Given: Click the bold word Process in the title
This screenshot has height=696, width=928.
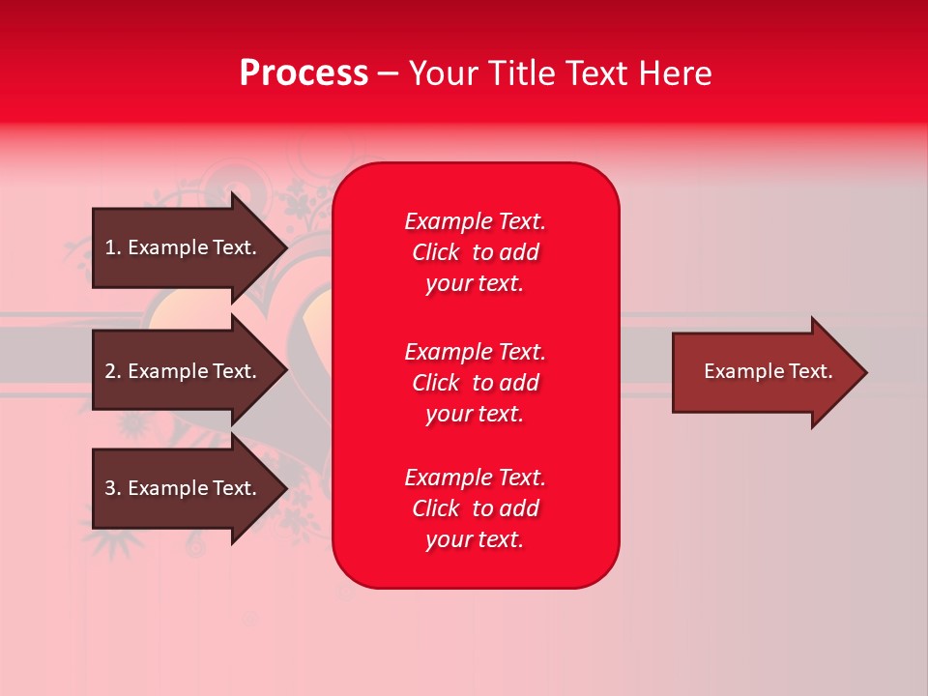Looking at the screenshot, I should coord(304,73).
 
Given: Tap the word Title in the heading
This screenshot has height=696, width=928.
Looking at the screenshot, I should coord(523,73).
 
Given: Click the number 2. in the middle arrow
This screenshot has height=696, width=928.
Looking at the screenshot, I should coord(113,371).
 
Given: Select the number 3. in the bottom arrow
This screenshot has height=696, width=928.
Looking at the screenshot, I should coord(113,488).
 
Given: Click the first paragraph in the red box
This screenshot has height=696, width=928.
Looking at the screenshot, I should coord(475,252).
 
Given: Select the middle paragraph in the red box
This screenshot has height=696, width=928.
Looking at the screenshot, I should coord(475,383).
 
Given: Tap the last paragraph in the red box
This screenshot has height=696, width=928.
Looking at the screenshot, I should coord(475,508).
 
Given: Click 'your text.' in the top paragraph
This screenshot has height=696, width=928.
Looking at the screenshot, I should coord(475,283).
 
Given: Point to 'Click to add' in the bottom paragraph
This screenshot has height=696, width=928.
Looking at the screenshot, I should coord(475,508).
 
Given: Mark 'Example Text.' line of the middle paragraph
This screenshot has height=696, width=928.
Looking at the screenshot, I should coord(475,352).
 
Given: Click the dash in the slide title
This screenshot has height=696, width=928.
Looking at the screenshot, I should coord(388,74).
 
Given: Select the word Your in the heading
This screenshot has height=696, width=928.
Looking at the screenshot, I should coord(443,73).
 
